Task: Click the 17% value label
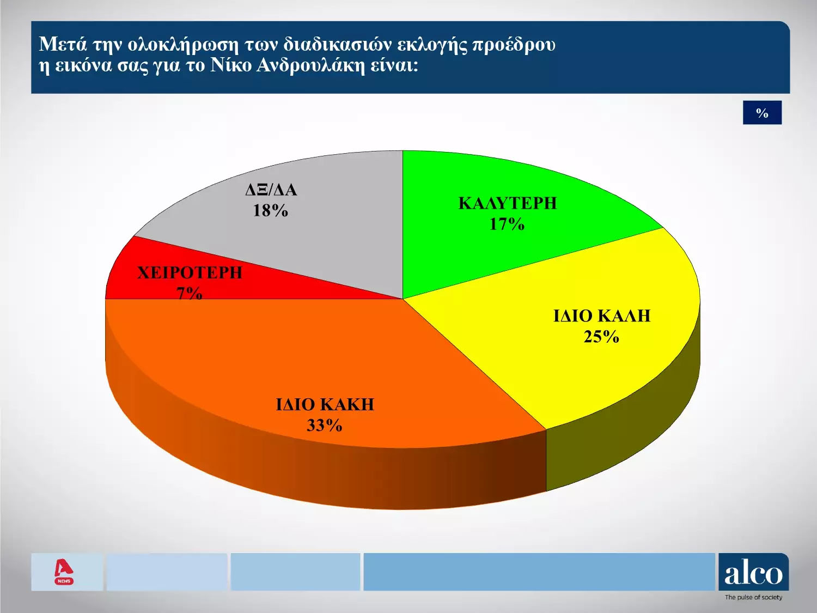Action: point(507,224)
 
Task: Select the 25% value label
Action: point(601,336)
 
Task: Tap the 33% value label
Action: point(324,425)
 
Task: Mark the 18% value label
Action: point(271,211)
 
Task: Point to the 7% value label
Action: point(190,294)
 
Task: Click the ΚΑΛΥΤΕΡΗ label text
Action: point(507,203)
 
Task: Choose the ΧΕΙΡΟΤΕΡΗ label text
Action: point(190,273)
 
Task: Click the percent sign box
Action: point(763,112)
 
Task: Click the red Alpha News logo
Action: point(64,573)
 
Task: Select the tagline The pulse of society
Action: point(753,597)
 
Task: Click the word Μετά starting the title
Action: point(63,44)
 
